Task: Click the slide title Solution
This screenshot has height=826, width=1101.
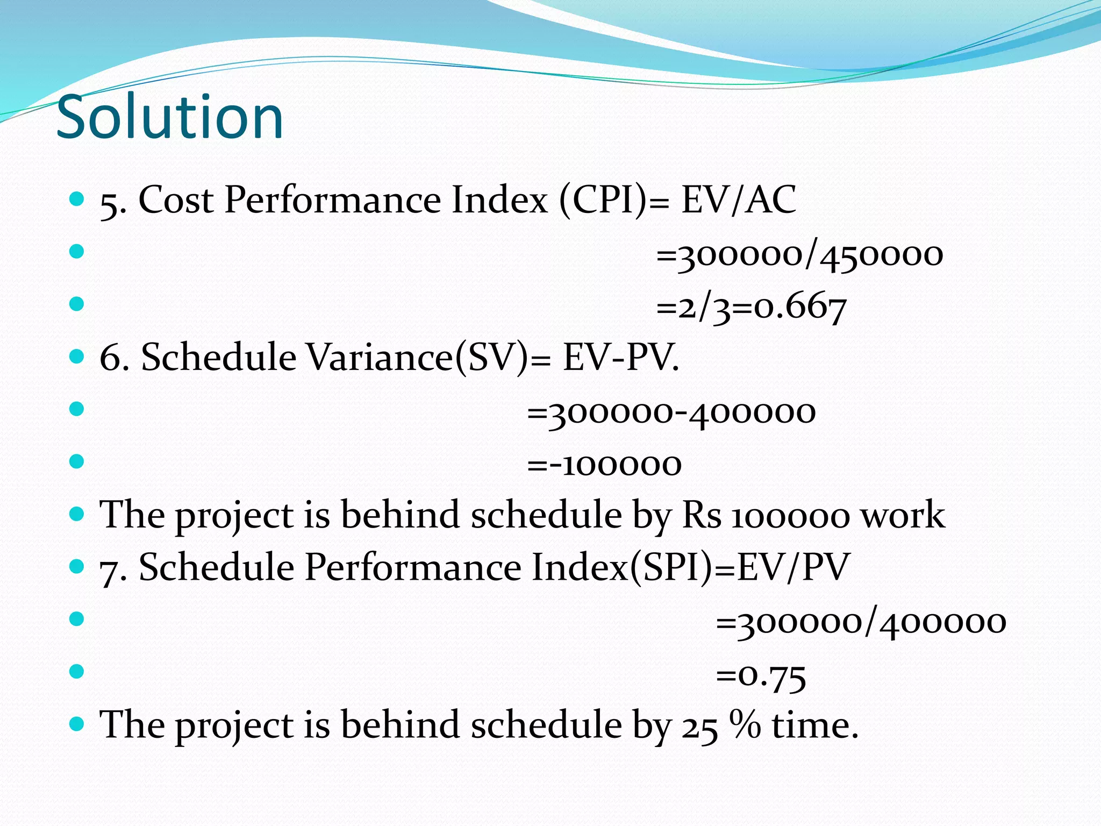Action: coord(169,117)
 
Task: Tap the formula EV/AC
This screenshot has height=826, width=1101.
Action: coord(739,200)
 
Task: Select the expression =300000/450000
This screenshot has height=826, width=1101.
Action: coord(799,254)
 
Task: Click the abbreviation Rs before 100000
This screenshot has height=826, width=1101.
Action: coord(702,515)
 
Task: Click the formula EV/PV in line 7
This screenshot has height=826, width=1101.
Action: coord(793,567)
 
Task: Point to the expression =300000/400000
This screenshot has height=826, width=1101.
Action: coord(861,623)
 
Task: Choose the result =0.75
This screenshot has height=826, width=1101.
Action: coord(761,675)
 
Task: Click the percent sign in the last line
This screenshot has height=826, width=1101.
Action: coord(745,724)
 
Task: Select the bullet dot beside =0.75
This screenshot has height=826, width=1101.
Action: coord(77,671)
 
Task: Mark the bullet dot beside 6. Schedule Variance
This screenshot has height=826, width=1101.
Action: coord(77,356)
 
